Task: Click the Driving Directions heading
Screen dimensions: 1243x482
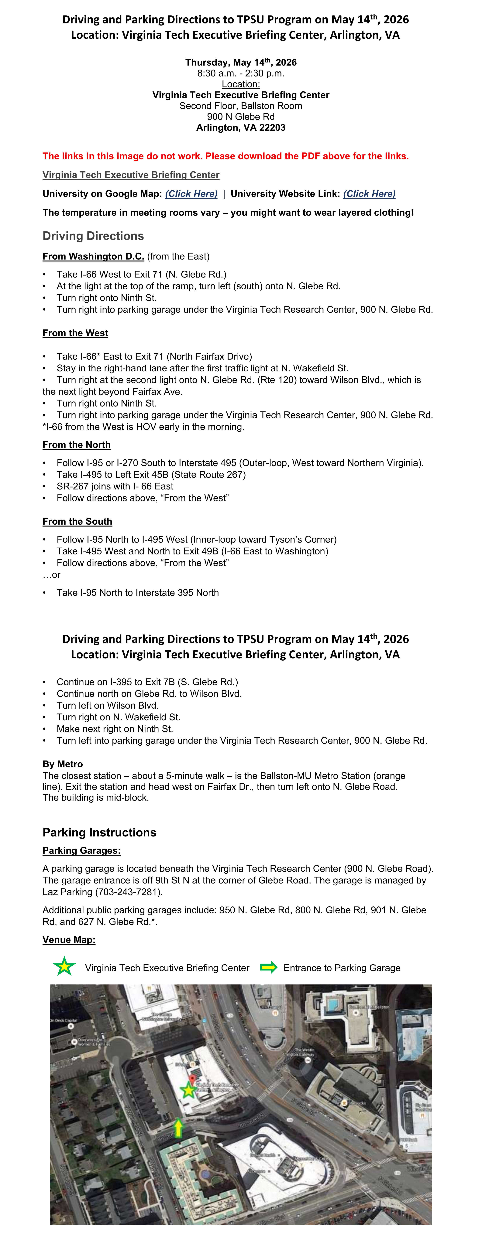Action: pyautogui.click(x=93, y=236)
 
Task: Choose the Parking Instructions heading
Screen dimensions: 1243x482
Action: pyautogui.click(x=99, y=832)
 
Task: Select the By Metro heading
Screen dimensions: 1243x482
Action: pyautogui.click(x=63, y=764)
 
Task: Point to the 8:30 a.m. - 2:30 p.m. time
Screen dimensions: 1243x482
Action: pyautogui.click(x=240, y=73)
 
